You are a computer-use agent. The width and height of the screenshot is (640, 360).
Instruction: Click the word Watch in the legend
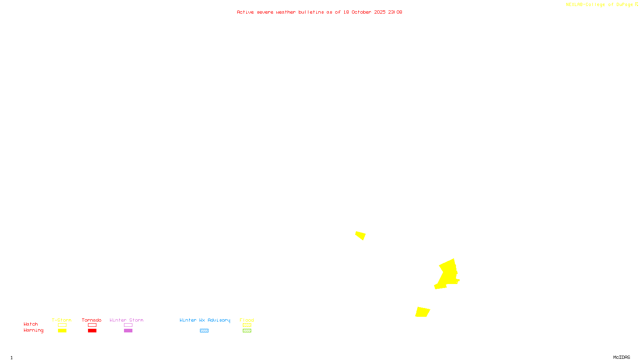31,324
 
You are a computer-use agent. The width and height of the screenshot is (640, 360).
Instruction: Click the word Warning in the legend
33,330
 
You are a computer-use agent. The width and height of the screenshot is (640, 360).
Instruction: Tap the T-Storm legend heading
62,320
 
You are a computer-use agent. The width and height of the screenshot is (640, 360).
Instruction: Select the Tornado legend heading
92,320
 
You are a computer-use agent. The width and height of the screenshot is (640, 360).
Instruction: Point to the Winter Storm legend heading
126,320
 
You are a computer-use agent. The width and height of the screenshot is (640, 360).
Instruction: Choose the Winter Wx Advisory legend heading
205,320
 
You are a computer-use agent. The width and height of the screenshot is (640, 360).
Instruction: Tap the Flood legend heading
247,320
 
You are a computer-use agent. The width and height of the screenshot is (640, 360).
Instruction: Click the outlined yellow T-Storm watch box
62,325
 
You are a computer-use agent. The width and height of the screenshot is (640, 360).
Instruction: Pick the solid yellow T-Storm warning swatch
62,331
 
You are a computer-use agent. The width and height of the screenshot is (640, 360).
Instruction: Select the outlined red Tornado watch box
92,325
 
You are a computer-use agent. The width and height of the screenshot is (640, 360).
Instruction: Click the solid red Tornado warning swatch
92,331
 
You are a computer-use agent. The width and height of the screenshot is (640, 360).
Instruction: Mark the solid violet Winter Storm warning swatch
128,331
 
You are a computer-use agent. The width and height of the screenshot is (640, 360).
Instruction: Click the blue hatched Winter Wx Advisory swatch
204,331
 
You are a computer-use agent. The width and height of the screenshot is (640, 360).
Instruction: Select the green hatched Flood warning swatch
247,331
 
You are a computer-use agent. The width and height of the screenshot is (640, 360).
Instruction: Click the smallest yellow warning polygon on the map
360,235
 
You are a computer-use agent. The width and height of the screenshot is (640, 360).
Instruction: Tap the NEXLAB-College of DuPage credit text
599,5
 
